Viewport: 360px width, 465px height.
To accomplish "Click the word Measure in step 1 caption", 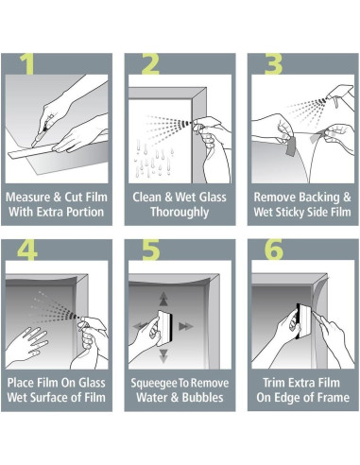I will pyautogui.click(x=32, y=198).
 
